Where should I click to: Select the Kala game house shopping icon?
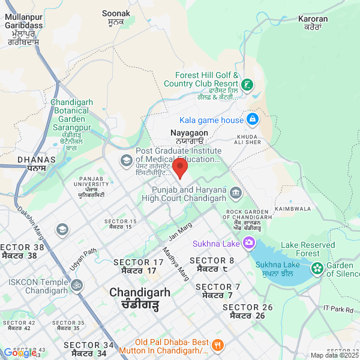tap(253, 120)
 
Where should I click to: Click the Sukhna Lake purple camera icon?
tap(248, 244)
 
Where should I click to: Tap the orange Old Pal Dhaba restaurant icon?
tap(217, 345)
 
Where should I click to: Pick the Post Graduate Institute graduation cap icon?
tap(127, 160)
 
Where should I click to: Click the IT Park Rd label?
tap(338, 308)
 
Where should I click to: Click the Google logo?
tap(18, 353)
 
